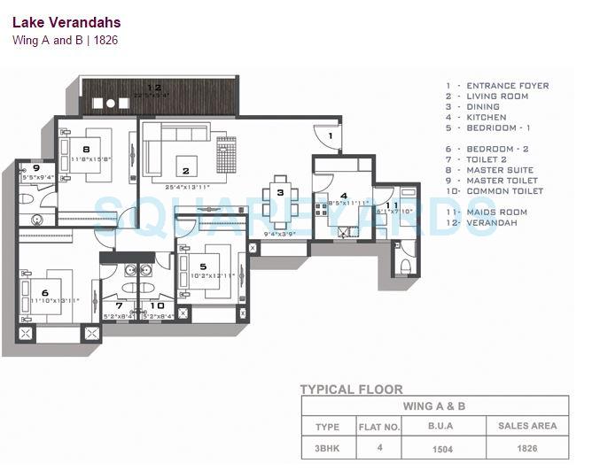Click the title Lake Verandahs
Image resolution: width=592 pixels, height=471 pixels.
[x=67, y=22]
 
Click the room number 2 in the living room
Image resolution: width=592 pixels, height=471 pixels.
[x=186, y=171]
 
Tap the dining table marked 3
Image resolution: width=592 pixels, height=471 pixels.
[x=280, y=191]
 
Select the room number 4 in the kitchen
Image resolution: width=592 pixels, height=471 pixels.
[x=344, y=197]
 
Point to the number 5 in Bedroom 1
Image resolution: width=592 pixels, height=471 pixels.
[x=203, y=266]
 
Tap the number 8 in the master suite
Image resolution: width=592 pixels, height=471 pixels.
[x=86, y=150]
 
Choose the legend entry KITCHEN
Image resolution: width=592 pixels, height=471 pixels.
[x=487, y=117]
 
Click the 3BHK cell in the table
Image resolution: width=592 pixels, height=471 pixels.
[x=328, y=448]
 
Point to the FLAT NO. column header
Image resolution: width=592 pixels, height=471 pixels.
[x=379, y=427]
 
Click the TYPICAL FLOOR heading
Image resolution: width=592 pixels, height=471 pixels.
[x=351, y=389]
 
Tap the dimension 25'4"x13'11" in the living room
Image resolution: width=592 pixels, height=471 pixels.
[x=187, y=187]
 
